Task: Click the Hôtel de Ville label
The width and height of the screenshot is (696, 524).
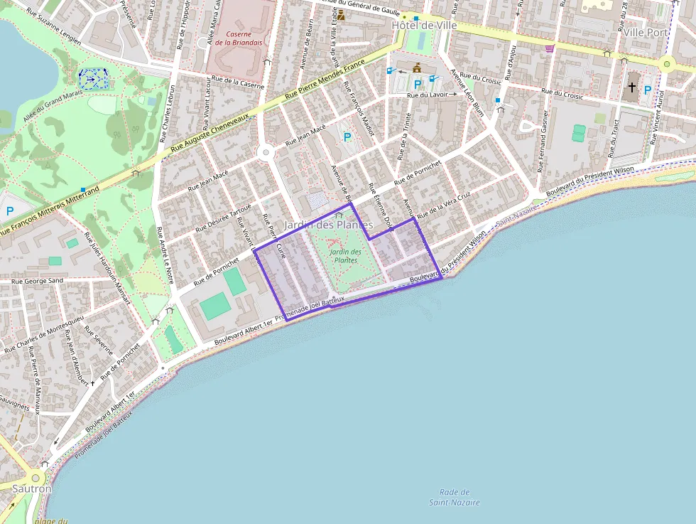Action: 424,25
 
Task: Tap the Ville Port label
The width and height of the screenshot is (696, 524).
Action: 646,33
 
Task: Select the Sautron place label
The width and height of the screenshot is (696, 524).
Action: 31,489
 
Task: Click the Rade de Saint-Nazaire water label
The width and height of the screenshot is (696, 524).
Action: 455,497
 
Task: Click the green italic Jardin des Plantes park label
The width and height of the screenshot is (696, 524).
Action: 346,256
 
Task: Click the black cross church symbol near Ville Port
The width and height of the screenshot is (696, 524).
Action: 631,89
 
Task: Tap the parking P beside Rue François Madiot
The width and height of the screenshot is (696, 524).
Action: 347,137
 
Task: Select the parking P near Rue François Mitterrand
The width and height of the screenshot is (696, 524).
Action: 10,211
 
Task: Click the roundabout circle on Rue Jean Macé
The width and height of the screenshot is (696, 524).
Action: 266,151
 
